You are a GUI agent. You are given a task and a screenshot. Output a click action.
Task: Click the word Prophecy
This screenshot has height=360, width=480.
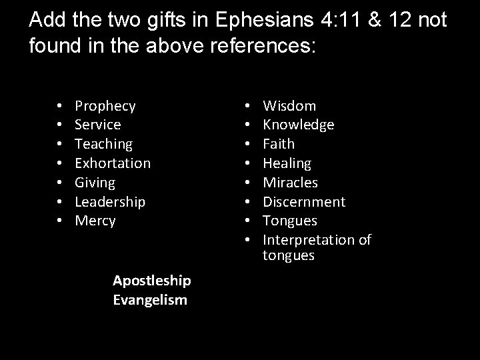pyautogui.click(x=105, y=106)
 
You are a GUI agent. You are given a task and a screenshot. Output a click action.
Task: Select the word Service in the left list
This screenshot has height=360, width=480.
pyautogui.click(x=98, y=125)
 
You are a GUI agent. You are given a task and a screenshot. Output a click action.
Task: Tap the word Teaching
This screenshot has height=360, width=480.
pyautogui.click(x=103, y=144)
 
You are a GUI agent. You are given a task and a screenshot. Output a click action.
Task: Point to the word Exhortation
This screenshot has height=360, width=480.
pyautogui.click(x=113, y=163)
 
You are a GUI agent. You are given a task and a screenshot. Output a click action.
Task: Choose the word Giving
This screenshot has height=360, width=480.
pyautogui.click(x=95, y=182)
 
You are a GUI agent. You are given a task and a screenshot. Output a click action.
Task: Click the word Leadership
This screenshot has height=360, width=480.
pyautogui.click(x=110, y=201)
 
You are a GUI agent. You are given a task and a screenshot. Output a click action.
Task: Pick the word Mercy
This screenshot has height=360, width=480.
pyautogui.click(x=95, y=220)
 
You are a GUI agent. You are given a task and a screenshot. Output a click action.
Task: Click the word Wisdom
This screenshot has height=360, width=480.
pyautogui.click(x=290, y=106)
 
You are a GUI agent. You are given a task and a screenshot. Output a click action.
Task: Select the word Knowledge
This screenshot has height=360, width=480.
pyautogui.click(x=299, y=125)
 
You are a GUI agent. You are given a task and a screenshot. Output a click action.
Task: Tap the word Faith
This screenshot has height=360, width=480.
pyautogui.click(x=279, y=144)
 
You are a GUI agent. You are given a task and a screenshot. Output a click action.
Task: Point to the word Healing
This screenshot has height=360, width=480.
pyautogui.click(x=287, y=163)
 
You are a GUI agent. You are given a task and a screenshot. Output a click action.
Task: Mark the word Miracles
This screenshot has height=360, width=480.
pyautogui.click(x=291, y=182)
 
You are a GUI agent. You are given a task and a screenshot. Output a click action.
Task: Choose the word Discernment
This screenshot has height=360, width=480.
pyautogui.click(x=304, y=201)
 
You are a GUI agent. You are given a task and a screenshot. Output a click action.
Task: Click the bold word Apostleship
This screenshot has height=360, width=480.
pyautogui.click(x=152, y=281)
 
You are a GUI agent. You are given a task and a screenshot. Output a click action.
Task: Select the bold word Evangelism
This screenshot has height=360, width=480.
pyautogui.click(x=150, y=300)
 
